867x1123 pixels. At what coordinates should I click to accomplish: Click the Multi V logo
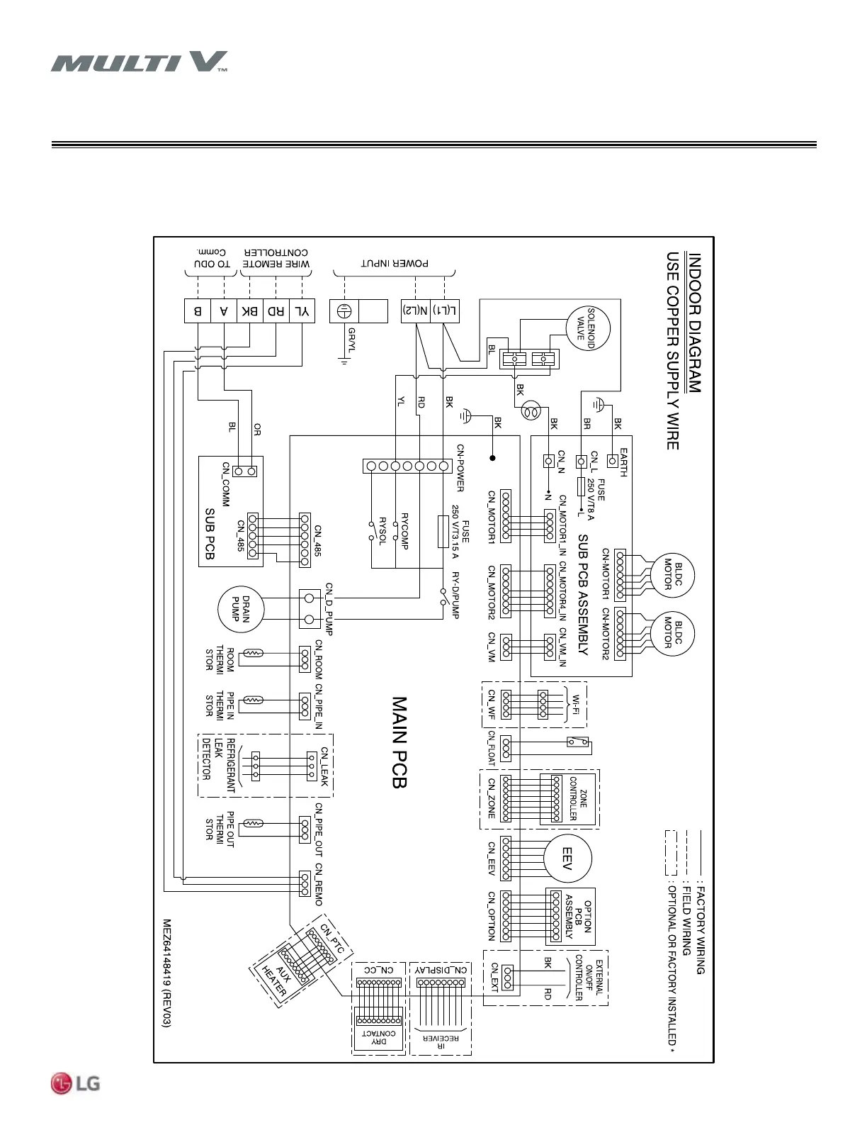tap(139, 62)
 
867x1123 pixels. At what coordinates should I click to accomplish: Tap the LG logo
tap(75, 1083)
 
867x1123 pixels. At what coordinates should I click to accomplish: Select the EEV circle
tap(567, 859)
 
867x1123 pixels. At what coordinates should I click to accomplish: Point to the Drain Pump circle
tap(241, 609)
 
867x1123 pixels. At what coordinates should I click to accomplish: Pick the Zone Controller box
tap(574, 798)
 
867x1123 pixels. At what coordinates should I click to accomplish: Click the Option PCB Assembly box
tap(570, 916)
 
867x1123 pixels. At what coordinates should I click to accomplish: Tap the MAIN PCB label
tap(399, 742)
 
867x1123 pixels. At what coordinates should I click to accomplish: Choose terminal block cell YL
tap(302, 311)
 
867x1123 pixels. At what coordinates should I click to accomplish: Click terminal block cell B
tap(198, 311)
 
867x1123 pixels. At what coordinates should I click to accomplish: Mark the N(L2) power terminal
tap(416, 311)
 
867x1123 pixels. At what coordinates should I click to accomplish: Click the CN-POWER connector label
tap(460, 468)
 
